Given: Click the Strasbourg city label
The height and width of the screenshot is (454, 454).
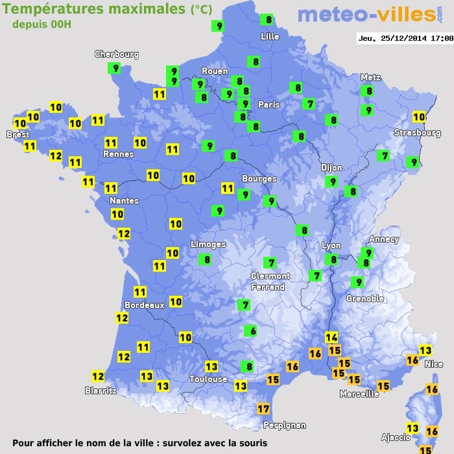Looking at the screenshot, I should point(417,133).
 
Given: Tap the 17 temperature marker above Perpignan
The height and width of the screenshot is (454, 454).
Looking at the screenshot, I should point(263,409).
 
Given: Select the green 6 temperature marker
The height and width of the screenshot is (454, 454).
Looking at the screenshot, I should point(250,331).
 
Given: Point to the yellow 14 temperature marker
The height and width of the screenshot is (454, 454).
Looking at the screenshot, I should point(331,337).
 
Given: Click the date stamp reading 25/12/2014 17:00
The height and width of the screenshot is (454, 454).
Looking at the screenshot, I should point(405,38).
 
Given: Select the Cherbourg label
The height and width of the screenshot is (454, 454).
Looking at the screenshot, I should point(117,54).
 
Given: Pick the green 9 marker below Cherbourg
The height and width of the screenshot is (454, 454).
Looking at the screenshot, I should point(115,68).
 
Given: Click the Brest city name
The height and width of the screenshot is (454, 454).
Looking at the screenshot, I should point(18,135).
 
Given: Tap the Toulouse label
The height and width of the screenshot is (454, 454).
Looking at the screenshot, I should point(208,379).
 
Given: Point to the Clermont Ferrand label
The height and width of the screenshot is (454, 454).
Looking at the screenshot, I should point(270,281).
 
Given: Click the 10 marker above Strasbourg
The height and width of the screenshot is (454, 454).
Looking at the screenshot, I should point(419,117).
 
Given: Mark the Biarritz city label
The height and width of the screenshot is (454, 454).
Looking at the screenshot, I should point(101,390).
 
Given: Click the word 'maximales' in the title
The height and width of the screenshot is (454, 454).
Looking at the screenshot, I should point(147,9).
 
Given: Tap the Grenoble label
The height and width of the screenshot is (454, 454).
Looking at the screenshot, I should point(365,299).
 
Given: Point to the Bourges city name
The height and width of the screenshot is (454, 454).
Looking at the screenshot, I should point(259,179).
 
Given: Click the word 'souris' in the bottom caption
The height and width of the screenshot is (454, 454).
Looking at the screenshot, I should point(251,444).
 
